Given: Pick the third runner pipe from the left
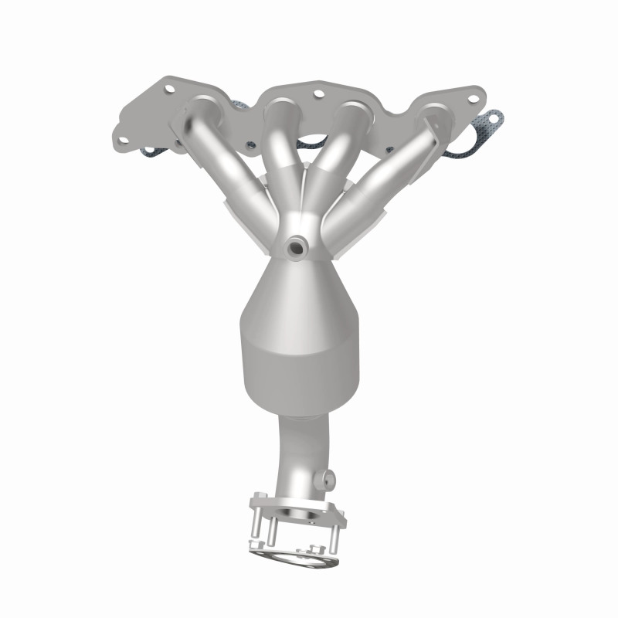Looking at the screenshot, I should pos(332,151).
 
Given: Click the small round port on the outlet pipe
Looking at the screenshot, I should pos(330,476).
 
